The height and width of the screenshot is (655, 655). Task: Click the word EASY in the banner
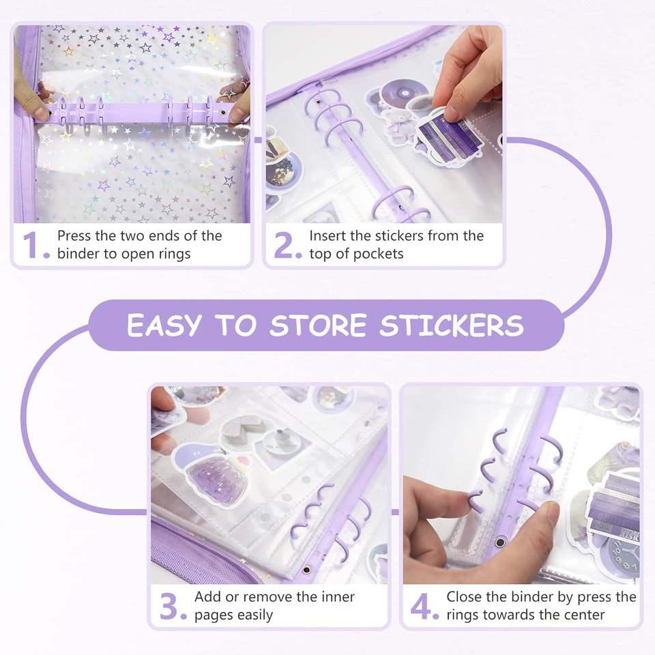coord(164,325)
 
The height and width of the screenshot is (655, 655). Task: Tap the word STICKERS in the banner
coord(452,325)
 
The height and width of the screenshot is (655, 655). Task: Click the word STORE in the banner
coord(318,325)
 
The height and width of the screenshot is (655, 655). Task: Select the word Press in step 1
coord(74,235)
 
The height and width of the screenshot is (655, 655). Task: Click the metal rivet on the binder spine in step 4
coord(499,542)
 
